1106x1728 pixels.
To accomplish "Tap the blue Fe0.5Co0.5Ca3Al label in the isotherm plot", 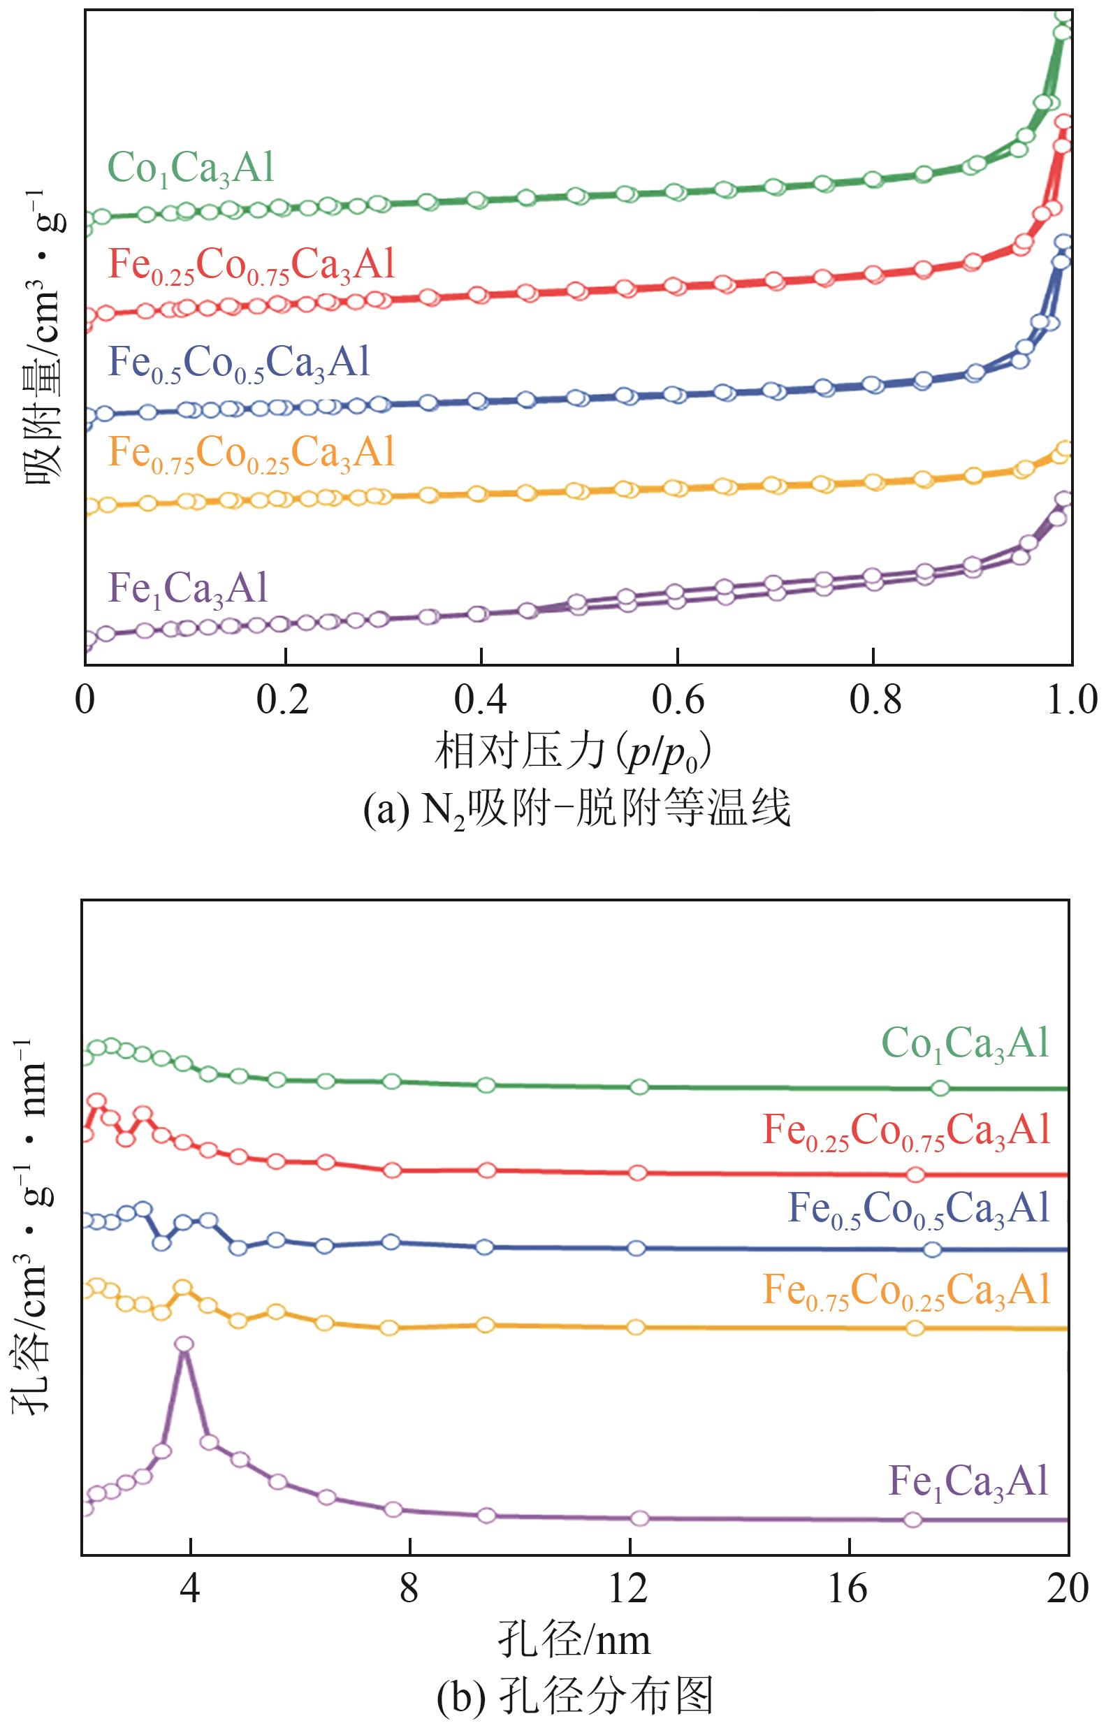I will (x=238, y=363).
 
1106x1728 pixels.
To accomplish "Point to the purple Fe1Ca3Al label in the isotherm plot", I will (x=188, y=589).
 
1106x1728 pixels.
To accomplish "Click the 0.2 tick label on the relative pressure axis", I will (x=285, y=702).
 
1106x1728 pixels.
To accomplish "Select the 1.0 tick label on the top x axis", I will (x=1070, y=702).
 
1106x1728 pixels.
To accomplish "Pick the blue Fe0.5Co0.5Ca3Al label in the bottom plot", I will (x=919, y=1209).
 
